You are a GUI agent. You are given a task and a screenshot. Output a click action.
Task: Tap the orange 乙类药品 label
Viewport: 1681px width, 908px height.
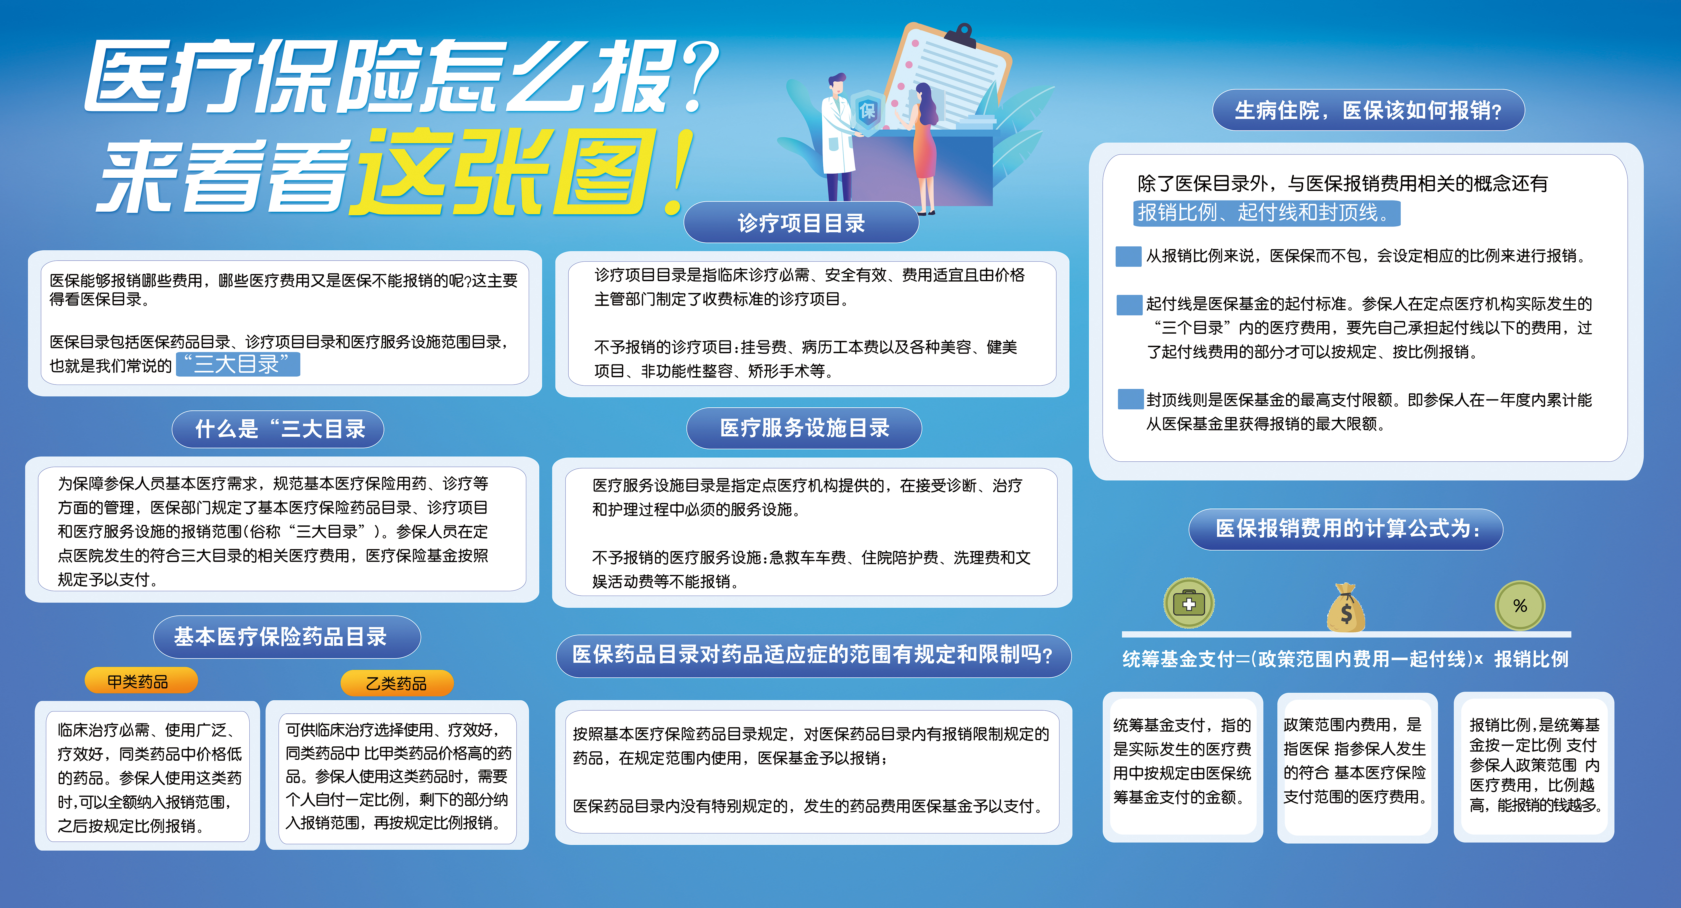coord(397,683)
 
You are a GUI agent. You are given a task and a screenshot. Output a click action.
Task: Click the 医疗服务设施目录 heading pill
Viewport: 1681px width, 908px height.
coord(804,428)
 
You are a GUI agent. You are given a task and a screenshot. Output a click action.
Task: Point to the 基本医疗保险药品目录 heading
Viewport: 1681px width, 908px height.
coord(287,637)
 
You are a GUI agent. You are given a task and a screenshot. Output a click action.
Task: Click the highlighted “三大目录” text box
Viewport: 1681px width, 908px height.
coord(238,364)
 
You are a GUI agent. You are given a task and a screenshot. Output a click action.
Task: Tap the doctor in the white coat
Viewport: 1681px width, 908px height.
coord(839,137)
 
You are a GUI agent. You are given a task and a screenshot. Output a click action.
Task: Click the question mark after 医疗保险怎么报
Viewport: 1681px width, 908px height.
coord(697,75)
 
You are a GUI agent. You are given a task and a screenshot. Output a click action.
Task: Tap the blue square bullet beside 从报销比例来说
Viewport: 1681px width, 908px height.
coord(1128,256)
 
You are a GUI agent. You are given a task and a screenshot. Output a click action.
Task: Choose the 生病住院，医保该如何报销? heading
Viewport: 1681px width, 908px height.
coord(1368,110)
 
